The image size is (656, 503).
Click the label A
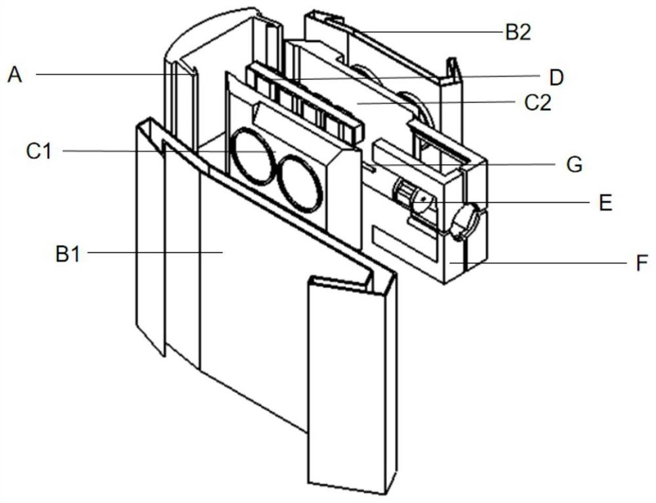14,75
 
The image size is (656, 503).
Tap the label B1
68,254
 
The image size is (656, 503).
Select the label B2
518,33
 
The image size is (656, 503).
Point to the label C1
39,151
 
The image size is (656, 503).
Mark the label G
575,164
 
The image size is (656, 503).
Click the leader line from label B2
426,31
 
